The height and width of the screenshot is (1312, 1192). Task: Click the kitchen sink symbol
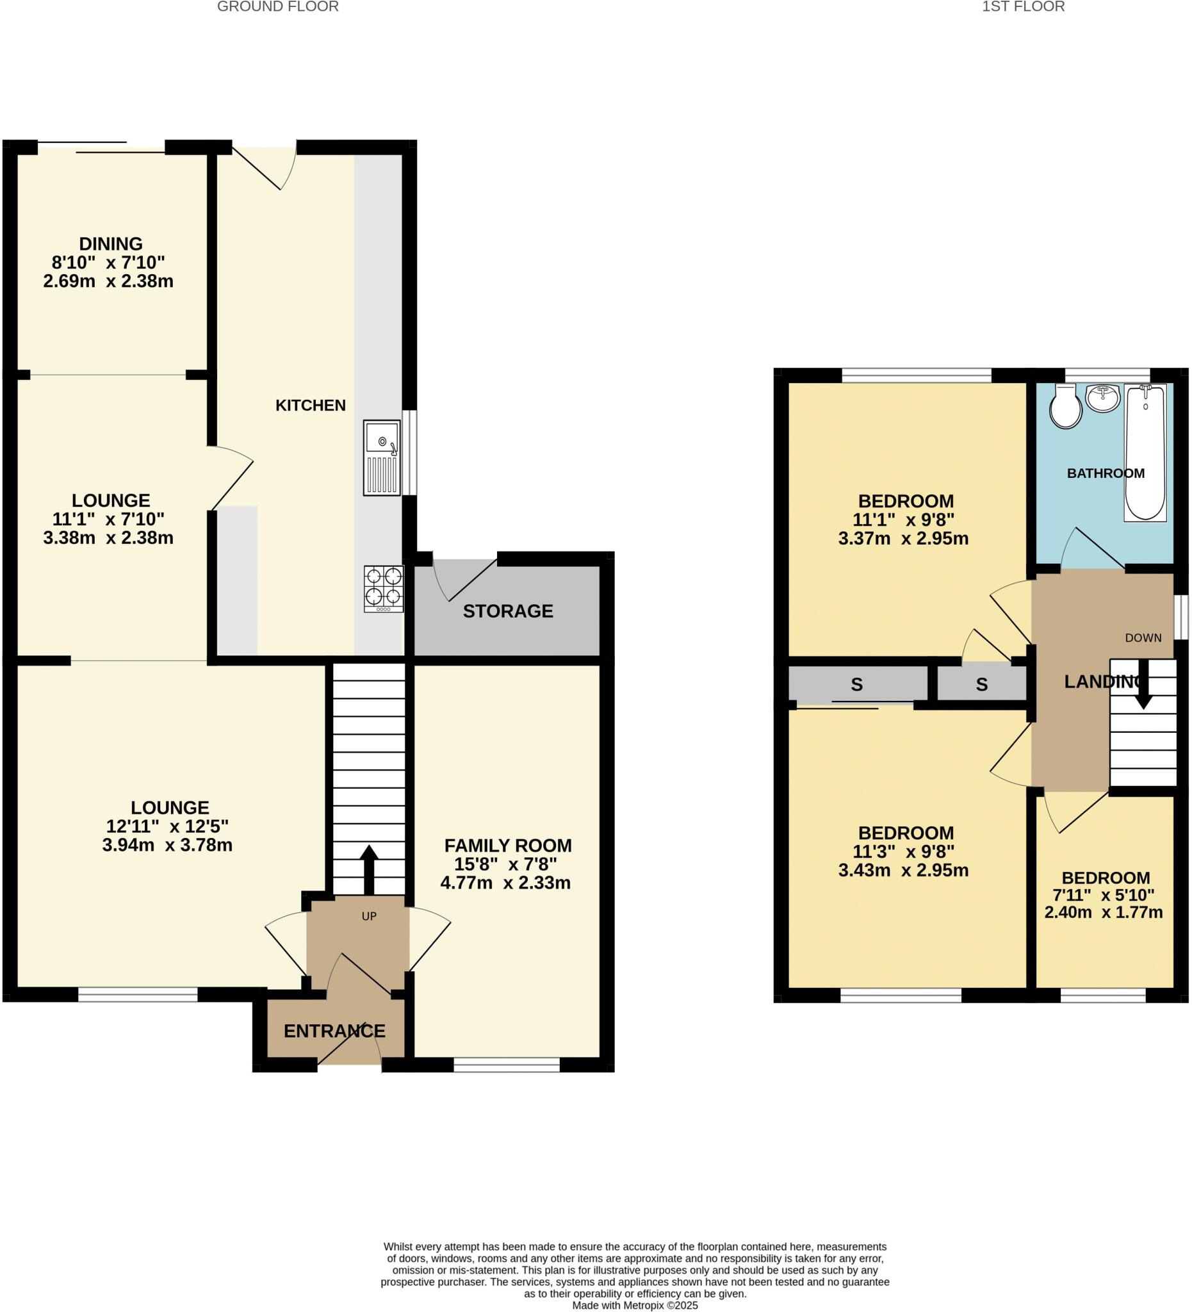[x=382, y=457]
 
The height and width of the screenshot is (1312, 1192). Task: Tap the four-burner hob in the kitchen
[x=384, y=588]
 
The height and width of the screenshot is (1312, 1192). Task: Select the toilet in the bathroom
[x=1065, y=407]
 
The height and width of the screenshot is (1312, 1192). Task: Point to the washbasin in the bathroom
[x=1103, y=398]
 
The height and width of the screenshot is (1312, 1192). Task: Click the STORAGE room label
[x=507, y=611]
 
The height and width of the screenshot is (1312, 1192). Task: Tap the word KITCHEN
[x=311, y=406]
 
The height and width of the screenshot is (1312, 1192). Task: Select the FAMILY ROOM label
[x=507, y=846]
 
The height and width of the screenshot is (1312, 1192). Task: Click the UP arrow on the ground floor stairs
[x=368, y=869]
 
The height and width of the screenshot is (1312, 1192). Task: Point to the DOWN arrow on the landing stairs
[x=1143, y=691]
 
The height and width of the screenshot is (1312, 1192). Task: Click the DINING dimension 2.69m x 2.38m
[x=108, y=281]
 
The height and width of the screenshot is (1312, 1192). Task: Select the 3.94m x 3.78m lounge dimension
[x=167, y=846]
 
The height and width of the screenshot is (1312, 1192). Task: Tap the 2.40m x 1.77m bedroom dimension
[x=1104, y=912]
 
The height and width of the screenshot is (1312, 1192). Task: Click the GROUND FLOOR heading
[x=278, y=7]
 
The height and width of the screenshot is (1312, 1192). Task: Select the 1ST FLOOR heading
[x=1024, y=7]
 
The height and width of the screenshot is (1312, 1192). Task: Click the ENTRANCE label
[x=334, y=1031]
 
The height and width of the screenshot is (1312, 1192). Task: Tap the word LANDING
[x=1103, y=682]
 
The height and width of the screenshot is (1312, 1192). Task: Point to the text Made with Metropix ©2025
[x=634, y=1305]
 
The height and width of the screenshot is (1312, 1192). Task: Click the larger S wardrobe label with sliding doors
[x=856, y=685]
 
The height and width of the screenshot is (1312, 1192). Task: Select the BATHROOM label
[x=1106, y=473]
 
